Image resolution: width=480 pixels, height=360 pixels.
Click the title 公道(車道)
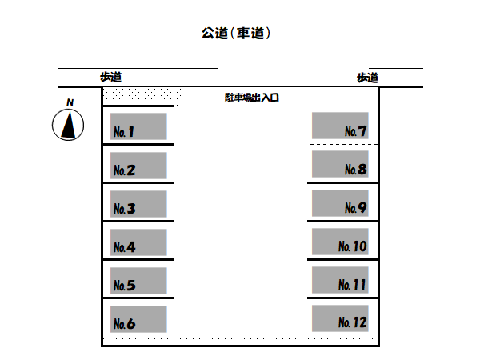(239, 34)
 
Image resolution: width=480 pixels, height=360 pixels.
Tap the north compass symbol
(69, 125)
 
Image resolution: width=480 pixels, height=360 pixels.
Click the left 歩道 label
(110, 77)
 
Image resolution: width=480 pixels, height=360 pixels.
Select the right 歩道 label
(367, 78)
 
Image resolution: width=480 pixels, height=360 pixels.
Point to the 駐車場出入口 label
(251, 98)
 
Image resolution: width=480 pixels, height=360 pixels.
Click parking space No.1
(138, 126)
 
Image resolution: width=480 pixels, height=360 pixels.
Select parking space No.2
(138, 166)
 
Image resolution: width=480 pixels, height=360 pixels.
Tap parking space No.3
(138, 204)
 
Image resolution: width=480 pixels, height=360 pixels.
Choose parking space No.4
(138, 242)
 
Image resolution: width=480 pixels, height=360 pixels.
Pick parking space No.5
(138, 281)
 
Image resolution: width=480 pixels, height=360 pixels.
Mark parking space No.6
(138, 319)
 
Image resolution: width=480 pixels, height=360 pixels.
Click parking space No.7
(340, 126)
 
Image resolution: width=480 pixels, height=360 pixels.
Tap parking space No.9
(340, 203)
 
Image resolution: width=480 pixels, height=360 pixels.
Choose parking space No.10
(340, 242)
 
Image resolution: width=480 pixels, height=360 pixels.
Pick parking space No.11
(340, 280)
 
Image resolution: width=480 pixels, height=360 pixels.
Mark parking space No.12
(340, 318)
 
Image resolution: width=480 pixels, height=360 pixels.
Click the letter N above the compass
(70, 102)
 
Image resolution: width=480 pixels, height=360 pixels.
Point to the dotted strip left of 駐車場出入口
(142, 96)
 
